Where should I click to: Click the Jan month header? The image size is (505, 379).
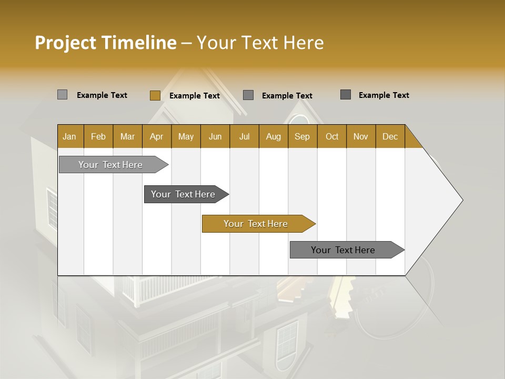pos(70,136)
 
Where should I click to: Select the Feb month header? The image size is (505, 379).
pos(98,136)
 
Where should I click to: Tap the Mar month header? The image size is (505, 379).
pos(127,136)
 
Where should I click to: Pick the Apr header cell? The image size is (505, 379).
pos(157,136)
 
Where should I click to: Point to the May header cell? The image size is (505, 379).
pos(186,136)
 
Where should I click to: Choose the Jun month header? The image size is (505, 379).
pos(215,136)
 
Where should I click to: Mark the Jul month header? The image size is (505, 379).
pos(244,136)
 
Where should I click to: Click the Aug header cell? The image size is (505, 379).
pos(274,136)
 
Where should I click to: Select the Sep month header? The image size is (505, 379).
pos(302,136)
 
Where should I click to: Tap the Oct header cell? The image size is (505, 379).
pos(332,136)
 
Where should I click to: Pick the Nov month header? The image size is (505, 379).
pos(361,136)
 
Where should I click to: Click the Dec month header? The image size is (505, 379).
pos(390,136)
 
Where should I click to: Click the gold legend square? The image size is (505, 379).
pos(155,95)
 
